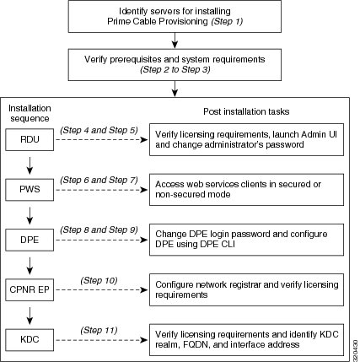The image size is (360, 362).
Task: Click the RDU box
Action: click(x=30, y=139)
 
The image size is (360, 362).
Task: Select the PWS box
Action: click(x=30, y=190)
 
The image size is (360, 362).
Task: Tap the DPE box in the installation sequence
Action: click(x=30, y=240)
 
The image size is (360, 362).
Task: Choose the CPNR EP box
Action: click(x=30, y=289)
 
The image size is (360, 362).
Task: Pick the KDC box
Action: click(x=30, y=340)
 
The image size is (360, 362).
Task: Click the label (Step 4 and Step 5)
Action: click(x=99, y=130)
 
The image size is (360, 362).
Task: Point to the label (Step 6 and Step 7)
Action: click(x=99, y=180)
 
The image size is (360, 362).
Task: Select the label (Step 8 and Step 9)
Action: click(x=99, y=230)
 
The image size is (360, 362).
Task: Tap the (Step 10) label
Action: click(x=99, y=280)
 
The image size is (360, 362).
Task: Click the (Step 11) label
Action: click(x=99, y=330)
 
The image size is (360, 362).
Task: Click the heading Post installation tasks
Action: click(x=246, y=111)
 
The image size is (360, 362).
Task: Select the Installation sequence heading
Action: click(x=30, y=113)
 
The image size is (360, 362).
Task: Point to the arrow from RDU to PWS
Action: click(x=30, y=165)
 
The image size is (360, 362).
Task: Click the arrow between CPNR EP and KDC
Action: click(x=30, y=316)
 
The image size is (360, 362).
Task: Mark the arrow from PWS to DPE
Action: click(x=30, y=216)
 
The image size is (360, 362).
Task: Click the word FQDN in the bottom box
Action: click(x=195, y=345)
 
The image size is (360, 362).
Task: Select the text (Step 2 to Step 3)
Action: click(x=175, y=69)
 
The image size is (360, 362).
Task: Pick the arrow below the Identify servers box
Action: click(x=175, y=41)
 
